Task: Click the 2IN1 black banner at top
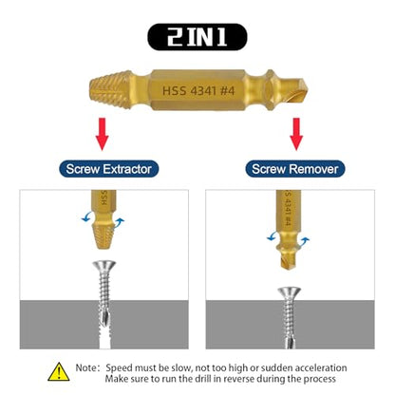coord(197,37)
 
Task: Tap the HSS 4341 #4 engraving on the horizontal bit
coord(198,91)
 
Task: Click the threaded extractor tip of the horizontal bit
coord(110,89)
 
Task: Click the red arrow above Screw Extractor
coord(102,134)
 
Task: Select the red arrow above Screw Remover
coord(296,134)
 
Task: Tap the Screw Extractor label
coord(108,169)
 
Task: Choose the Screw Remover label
coord(295,169)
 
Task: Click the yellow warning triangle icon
coord(59,372)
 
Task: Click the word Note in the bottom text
coord(85,367)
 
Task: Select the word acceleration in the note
coord(321,367)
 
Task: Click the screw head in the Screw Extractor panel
coord(104,265)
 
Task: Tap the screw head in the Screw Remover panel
coord(290,292)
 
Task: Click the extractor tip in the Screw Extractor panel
coord(103,235)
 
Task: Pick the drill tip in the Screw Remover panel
coord(289,260)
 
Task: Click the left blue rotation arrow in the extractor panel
coord(86,217)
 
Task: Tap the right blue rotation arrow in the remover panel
coord(304,241)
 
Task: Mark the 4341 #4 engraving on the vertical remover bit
coord(288,210)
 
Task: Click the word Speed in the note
coord(119,368)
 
